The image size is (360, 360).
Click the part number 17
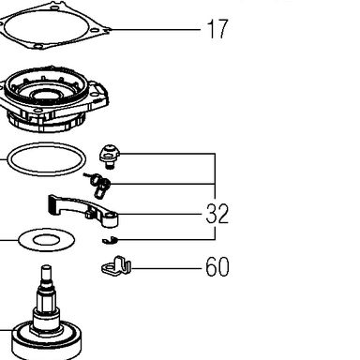point(217,29)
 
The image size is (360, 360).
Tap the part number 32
point(217,214)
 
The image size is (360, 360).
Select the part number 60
point(217,266)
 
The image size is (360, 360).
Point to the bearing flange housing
point(53,98)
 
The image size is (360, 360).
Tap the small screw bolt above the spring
point(110,156)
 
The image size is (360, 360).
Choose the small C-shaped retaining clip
point(110,240)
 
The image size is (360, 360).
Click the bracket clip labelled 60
point(116,267)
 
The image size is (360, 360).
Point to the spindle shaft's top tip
point(46,266)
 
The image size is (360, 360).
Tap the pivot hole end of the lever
point(110,217)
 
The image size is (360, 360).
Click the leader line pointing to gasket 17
point(156,30)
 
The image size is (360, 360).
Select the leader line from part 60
point(166,268)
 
